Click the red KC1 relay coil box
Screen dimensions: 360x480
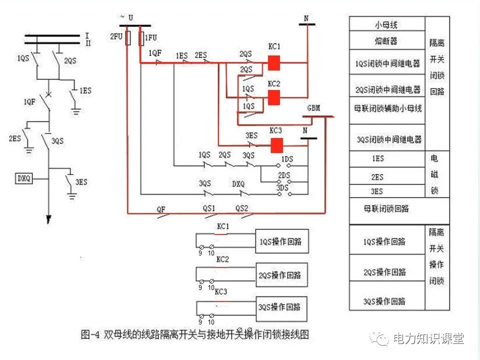[x=273, y=63]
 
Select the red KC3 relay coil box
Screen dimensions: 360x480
[x=277, y=145]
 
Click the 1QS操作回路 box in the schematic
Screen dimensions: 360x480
[x=281, y=241]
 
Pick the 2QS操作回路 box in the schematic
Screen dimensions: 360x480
[x=281, y=275]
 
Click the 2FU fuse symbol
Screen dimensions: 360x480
[x=128, y=37]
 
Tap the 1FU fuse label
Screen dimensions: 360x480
[x=150, y=37]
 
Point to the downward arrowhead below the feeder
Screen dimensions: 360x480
[x=49, y=219]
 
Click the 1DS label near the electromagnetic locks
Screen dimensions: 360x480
[x=286, y=159]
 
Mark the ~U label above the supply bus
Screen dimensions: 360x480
[x=126, y=17]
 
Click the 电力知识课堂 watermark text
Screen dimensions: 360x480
[x=428, y=338]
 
